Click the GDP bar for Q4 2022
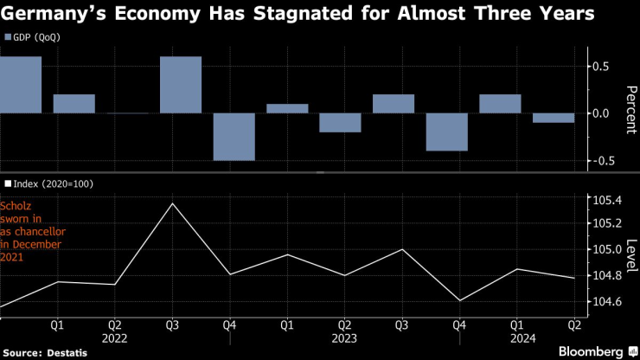pos(234,137)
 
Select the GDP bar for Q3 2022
pos(180,85)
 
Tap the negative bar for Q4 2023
pos(447,132)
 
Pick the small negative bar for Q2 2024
pos(554,118)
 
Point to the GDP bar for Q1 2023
pos(287,108)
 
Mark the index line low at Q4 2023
pos(458,301)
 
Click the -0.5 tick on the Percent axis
pos(603,161)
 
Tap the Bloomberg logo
pos(591,351)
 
